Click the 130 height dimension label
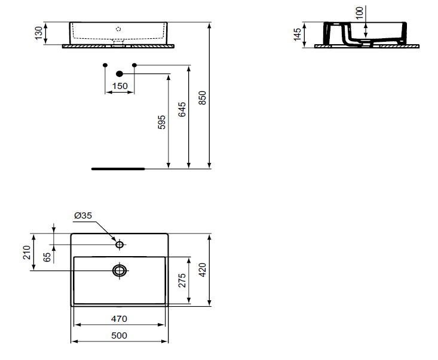point(39,33)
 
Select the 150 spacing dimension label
point(120,86)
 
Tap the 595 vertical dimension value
point(162,122)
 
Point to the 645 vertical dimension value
point(182,109)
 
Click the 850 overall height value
point(202,98)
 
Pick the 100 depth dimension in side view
point(360,13)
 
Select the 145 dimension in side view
point(298,34)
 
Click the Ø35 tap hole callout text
point(83,216)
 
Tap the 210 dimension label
point(27,253)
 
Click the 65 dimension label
point(47,257)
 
